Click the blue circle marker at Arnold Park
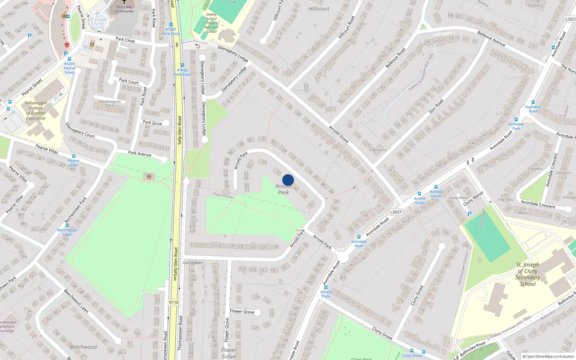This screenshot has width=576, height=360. click(x=288, y=180)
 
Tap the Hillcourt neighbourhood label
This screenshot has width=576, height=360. click(x=319, y=9)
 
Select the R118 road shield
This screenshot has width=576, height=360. click(x=174, y=302)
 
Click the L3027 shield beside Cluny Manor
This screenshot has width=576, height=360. click(x=396, y=212)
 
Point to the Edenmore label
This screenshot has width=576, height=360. click(x=378, y=150)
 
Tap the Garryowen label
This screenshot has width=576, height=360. click(x=193, y=262)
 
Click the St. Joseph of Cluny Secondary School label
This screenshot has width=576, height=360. click(x=527, y=274)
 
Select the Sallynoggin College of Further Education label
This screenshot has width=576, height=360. click(x=36, y=111)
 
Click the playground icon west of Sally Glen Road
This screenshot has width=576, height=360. click(x=149, y=176)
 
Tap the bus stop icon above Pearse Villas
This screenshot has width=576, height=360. click(x=74, y=156)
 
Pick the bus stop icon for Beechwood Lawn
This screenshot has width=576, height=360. click(x=67, y=226)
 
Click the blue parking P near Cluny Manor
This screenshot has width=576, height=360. click(x=469, y=214)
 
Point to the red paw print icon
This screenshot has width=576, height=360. click(x=67, y=45)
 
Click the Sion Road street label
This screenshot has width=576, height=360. click(x=436, y=107)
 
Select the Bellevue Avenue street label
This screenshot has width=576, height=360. click(x=491, y=39)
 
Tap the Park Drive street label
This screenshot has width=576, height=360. click(x=152, y=123)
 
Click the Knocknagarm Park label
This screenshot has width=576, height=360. click(x=110, y=103)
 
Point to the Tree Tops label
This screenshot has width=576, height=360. click(x=505, y=200)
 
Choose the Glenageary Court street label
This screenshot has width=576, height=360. click(x=80, y=130)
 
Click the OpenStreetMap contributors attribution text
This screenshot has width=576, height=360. click(x=548, y=356)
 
